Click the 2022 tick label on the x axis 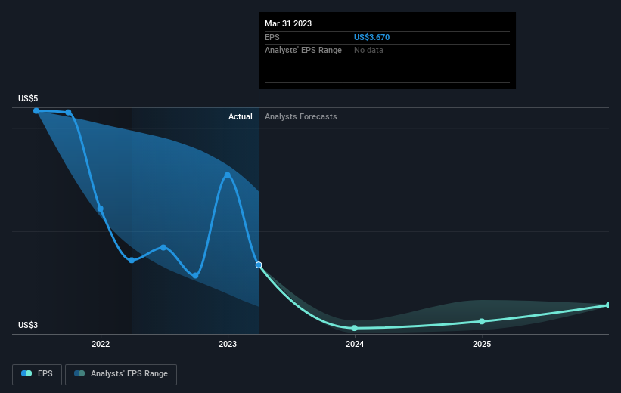[x=101, y=344]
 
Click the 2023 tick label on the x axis [x=228, y=344]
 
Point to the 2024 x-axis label [x=355, y=344]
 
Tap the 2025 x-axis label [x=482, y=344]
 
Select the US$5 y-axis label [x=28, y=99]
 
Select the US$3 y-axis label [x=28, y=326]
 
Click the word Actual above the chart [x=241, y=116]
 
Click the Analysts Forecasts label [x=301, y=116]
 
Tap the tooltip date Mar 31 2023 [x=288, y=23]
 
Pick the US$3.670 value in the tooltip [x=372, y=37]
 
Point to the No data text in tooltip [x=370, y=50]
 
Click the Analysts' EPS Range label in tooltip [x=303, y=50]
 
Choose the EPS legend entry [x=37, y=374]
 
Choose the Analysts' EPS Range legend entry [x=121, y=374]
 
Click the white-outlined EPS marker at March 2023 [x=259, y=265]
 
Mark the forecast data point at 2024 [x=355, y=328]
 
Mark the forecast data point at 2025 [x=482, y=321]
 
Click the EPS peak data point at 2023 [x=228, y=175]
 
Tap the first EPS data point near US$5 [x=36, y=110]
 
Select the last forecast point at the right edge [x=608, y=305]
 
